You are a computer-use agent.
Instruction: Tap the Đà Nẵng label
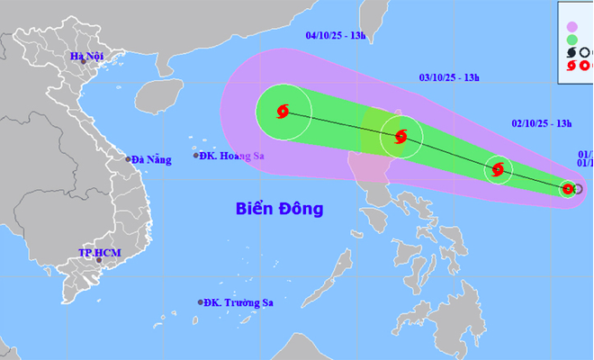(x=150, y=160)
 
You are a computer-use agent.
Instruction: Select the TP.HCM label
(x=99, y=253)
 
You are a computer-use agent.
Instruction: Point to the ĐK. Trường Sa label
(x=238, y=303)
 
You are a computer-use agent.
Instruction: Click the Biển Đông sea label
(x=279, y=210)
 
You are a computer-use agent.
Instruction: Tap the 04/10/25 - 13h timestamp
(x=336, y=36)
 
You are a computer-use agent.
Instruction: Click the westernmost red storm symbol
(x=283, y=112)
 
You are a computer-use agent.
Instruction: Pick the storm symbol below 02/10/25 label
(x=499, y=168)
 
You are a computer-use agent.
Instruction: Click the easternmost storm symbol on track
(x=568, y=188)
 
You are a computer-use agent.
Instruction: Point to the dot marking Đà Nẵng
(x=129, y=160)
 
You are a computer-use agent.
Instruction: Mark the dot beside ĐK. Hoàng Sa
(x=197, y=156)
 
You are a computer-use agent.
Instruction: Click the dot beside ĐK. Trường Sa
(x=201, y=303)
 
